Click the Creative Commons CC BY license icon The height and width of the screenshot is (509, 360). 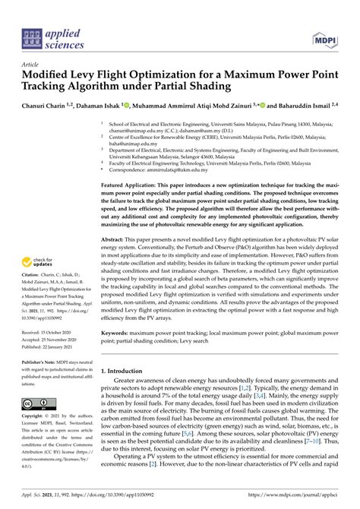coord(36,403)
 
